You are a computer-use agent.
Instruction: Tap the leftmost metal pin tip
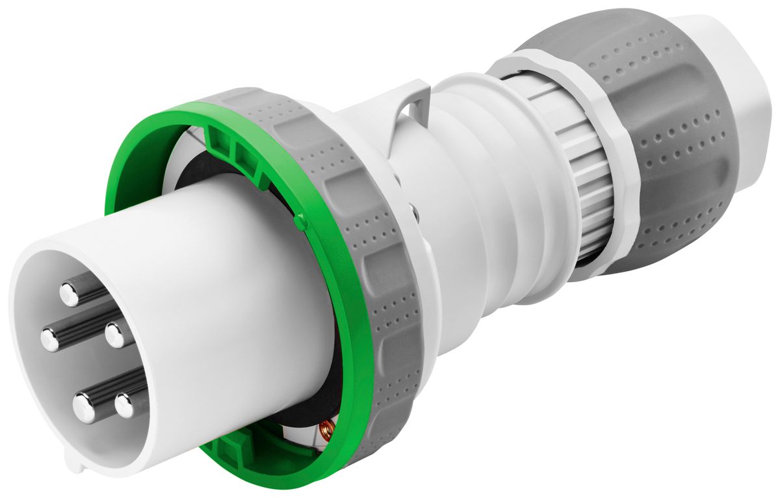click(50, 339)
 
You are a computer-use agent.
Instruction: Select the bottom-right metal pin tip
click(124, 406)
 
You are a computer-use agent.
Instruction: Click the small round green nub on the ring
click(299, 222)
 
